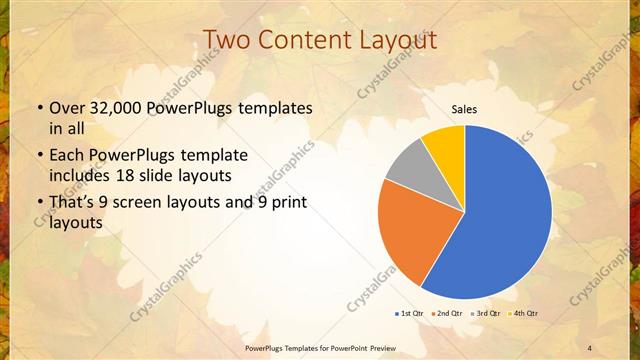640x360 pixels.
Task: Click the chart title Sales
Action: tap(464, 109)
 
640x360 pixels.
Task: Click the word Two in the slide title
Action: tap(229, 40)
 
